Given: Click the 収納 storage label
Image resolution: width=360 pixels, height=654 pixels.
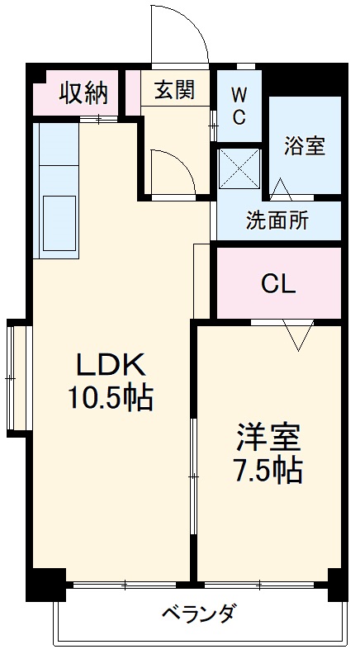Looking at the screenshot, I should (x=83, y=93).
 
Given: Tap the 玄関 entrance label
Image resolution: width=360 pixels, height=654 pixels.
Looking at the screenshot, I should (x=174, y=90).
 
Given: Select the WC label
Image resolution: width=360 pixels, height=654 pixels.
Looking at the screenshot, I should (x=239, y=106).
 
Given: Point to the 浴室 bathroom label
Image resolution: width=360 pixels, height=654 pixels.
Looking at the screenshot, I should (x=305, y=145).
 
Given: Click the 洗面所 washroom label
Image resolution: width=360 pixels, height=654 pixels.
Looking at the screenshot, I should (x=278, y=220).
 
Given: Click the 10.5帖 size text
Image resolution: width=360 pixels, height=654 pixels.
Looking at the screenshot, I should (x=111, y=400).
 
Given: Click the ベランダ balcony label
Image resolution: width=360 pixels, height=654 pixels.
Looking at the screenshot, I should (x=197, y=614).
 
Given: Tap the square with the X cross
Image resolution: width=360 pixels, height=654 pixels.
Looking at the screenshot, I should (x=238, y=168).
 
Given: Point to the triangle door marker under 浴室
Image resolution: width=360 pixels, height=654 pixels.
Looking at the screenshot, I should (x=280, y=189).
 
